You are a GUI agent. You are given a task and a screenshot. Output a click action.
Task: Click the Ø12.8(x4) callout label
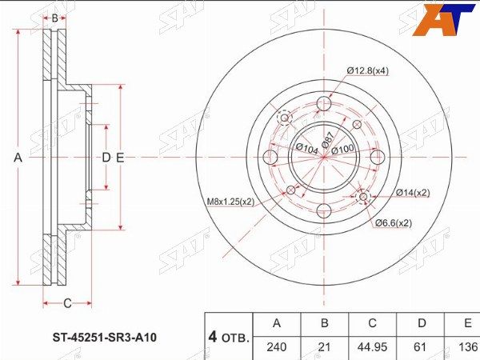pyautogui.click(x=368, y=71)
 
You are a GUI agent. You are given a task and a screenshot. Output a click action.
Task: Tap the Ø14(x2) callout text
pyautogui.click(x=413, y=193)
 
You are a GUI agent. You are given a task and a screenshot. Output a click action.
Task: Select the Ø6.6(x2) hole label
pyautogui.click(x=394, y=223)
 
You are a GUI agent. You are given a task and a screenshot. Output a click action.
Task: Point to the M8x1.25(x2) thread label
pyautogui.click(x=231, y=202)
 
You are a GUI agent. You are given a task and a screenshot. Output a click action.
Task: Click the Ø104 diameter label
pyautogui.click(x=307, y=149)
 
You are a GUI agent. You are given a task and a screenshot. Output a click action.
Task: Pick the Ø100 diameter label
pyautogui.click(x=342, y=149)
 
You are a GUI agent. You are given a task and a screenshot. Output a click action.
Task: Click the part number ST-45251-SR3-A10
pyautogui.click(x=105, y=338)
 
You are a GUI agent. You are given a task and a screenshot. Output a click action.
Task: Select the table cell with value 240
pyautogui.click(x=277, y=347)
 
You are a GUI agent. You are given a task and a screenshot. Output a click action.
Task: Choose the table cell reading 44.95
pyautogui.click(x=372, y=347)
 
